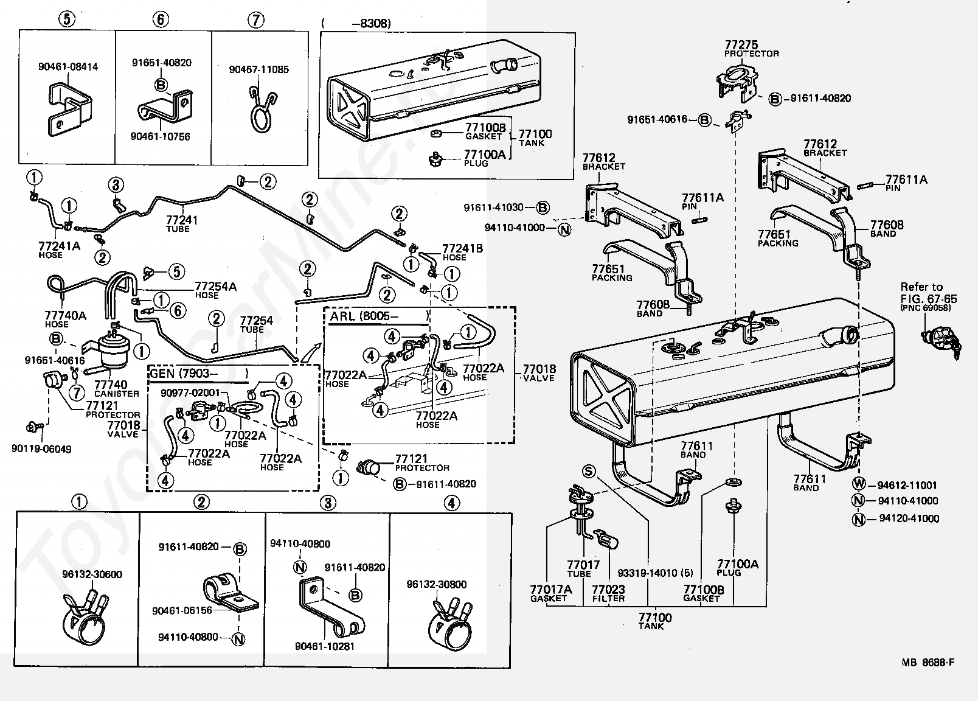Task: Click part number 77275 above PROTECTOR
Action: (x=741, y=44)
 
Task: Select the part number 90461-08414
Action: (x=68, y=67)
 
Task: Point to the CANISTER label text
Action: (x=116, y=393)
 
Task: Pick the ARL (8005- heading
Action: (x=364, y=316)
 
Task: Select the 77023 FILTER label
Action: (x=608, y=593)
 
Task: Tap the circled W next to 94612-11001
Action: (x=858, y=485)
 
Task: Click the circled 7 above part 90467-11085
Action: (x=256, y=20)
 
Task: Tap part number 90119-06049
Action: (x=41, y=449)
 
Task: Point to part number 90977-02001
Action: (x=190, y=392)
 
